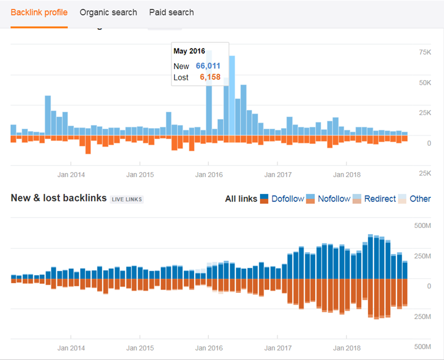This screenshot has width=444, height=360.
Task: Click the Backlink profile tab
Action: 39,12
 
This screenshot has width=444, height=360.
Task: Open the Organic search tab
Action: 108,12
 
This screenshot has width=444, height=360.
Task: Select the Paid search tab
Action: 172,12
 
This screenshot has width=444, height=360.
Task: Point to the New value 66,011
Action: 208,66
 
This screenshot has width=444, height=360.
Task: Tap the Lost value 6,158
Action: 210,77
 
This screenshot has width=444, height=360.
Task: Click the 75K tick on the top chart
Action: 424,52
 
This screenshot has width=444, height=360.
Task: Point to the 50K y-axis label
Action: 424,82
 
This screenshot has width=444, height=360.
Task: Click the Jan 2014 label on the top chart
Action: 71,174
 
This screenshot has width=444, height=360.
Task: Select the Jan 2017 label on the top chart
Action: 278,174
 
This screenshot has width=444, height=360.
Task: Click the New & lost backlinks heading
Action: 59,198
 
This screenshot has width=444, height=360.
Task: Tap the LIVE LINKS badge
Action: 127,199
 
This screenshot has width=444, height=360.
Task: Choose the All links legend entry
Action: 241,199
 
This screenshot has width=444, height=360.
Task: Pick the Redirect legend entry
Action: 380,199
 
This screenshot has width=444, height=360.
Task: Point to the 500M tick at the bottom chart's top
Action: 422,226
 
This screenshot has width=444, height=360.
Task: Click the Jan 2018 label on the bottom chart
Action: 347,348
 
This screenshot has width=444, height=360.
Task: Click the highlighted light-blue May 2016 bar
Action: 232,96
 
